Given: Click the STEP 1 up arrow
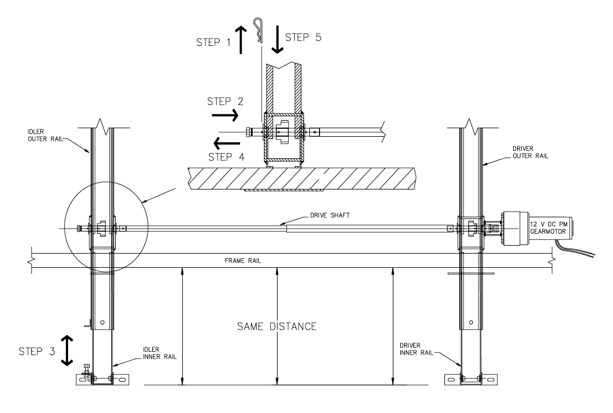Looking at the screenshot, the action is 241,40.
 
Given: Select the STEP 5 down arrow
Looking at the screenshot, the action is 277,40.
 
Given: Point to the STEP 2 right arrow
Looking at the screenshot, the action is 225,115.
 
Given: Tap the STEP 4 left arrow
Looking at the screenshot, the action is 227,144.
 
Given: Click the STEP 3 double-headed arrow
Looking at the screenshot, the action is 67,351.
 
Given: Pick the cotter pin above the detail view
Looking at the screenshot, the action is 258,31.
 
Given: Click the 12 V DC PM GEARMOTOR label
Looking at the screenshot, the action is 548,228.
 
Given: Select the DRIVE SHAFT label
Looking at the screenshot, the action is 330,215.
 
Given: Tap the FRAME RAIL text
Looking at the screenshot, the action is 243,260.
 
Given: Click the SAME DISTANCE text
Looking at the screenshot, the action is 277,326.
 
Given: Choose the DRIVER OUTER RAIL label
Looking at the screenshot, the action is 530,153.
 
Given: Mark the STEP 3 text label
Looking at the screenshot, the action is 37,351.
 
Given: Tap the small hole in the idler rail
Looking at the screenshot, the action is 102,322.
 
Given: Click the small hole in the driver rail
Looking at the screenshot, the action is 471,322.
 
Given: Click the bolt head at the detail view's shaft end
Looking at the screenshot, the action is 248,132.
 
